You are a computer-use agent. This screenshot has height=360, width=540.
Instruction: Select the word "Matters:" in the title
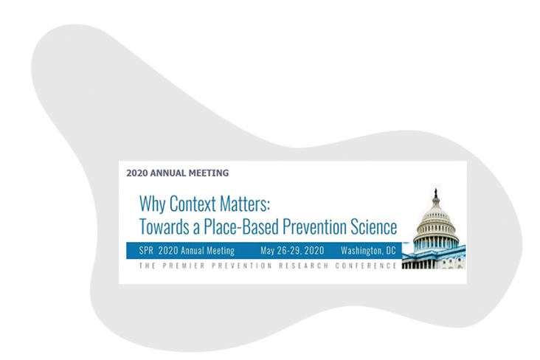click(x=244, y=204)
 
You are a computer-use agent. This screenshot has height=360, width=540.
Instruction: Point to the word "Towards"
click(x=164, y=226)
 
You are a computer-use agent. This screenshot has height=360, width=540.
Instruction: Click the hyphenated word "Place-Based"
click(x=241, y=226)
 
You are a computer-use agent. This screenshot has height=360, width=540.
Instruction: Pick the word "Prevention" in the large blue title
click(x=314, y=226)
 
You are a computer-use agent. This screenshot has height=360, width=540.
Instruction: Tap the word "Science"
click(x=374, y=226)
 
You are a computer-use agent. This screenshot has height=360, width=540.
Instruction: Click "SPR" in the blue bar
click(x=146, y=250)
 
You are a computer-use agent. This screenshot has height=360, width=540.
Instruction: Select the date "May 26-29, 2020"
click(x=292, y=250)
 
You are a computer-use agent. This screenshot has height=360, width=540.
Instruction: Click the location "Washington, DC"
click(x=368, y=250)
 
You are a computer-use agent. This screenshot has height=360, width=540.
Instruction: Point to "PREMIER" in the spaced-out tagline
click(x=184, y=266)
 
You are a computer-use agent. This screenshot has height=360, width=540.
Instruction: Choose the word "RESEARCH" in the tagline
click(x=303, y=266)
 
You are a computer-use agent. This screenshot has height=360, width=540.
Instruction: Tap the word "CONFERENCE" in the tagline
click(x=366, y=266)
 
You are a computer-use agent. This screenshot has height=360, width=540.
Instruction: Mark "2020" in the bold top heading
click(x=136, y=173)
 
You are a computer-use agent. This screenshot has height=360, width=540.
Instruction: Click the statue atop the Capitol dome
click(x=436, y=193)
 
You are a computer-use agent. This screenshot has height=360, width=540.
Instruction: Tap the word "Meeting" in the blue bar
click(x=221, y=251)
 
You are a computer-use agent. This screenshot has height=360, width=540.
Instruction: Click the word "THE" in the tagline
click(x=147, y=266)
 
